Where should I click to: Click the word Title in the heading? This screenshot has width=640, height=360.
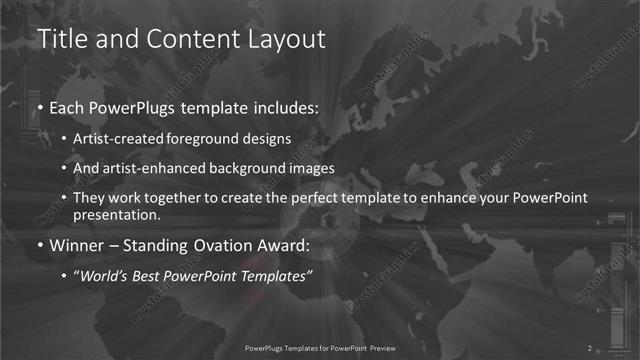59,39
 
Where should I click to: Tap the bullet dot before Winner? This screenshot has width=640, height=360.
39,245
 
